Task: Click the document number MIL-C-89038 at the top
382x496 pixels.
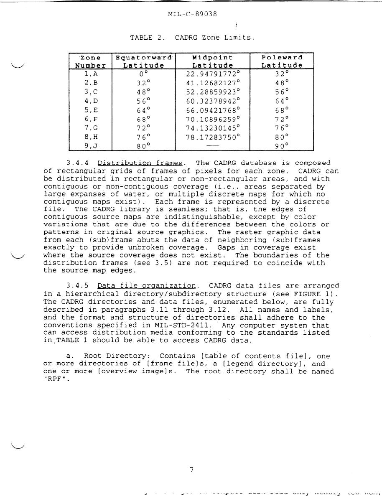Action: tap(192, 14)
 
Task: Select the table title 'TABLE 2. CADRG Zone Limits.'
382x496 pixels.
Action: tap(192, 38)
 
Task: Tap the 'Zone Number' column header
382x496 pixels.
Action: tap(90, 61)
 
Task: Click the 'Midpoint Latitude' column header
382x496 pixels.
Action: tap(212, 61)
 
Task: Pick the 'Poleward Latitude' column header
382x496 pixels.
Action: tap(282, 61)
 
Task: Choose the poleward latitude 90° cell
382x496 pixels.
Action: tap(282, 146)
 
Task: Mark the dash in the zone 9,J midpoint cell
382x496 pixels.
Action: tap(213, 146)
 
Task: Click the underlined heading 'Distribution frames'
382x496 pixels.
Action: tap(140, 163)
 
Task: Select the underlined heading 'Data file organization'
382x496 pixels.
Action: tap(147, 286)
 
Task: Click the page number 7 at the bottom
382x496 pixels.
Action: tap(191, 470)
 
